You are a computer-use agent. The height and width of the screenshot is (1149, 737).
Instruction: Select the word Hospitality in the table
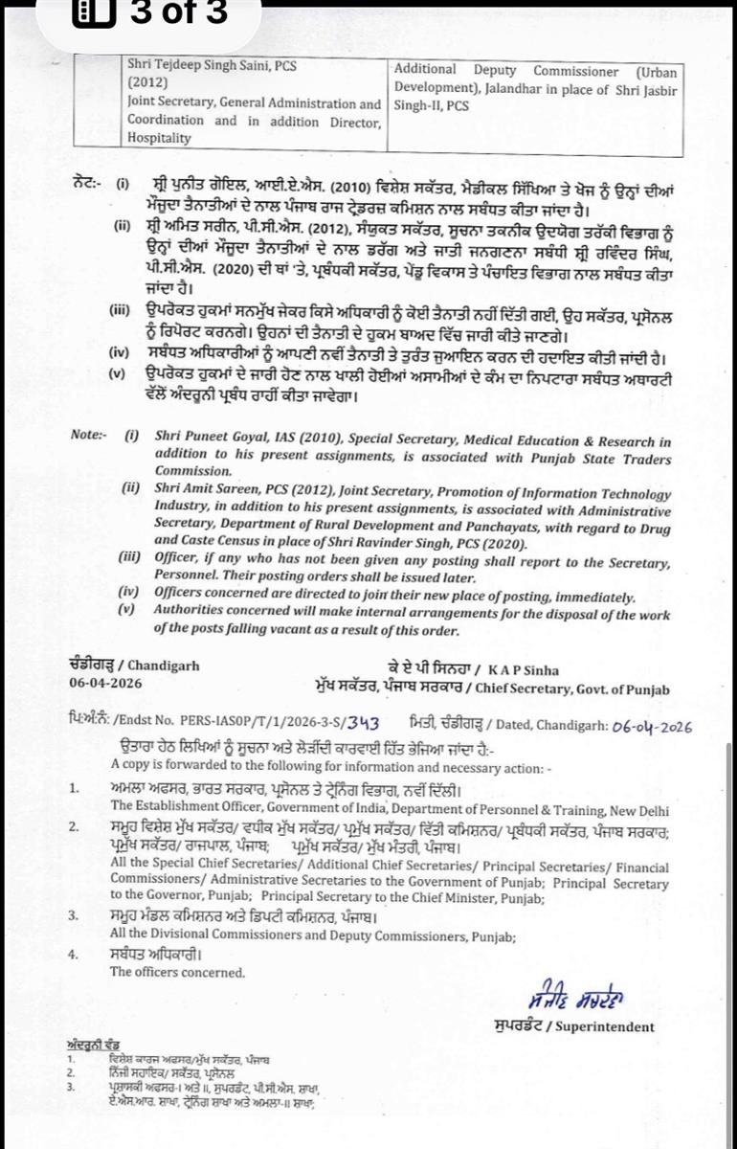pyautogui.click(x=160, y=138)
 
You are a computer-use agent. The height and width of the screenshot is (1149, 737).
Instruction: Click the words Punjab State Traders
pyautogui.click(x=605, y=458)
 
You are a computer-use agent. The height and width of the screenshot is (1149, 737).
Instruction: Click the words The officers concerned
pyautogui.click(x=165, y=972)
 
